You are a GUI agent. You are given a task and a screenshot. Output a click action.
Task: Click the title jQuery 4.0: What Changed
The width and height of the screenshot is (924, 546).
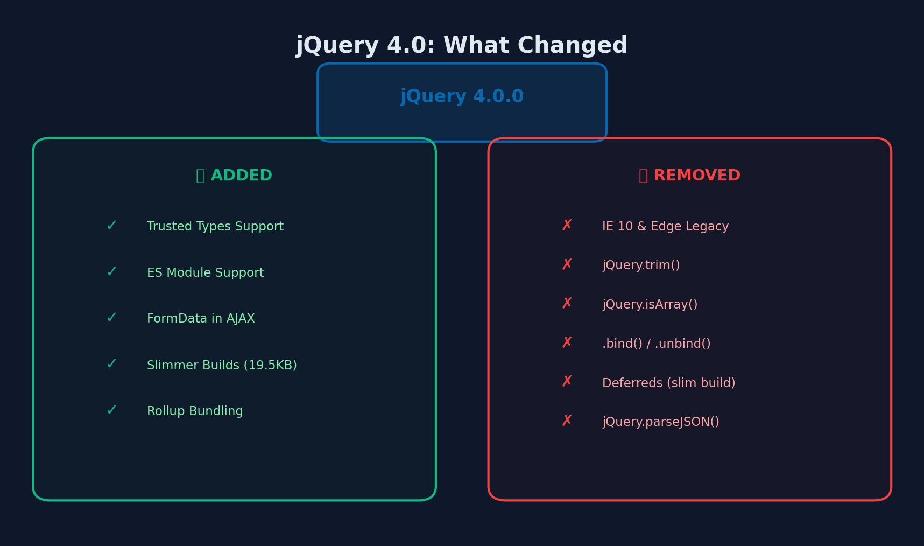point(462,46)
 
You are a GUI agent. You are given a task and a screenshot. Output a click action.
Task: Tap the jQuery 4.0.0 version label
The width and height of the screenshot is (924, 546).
point(462,97)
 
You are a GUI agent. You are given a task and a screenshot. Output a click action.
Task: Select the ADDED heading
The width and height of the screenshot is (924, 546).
point(235,176)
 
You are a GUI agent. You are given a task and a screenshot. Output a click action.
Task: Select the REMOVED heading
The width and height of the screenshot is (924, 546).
point(689,176)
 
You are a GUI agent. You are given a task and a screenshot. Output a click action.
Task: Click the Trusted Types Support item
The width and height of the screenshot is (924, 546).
point(215,227)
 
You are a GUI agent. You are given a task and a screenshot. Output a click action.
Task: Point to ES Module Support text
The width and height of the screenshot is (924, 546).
point(205,273)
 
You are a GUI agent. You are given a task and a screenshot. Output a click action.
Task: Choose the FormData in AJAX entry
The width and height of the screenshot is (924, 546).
point(201,319)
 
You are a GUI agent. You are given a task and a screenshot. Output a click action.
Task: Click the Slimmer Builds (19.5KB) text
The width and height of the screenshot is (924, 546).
point(222,366)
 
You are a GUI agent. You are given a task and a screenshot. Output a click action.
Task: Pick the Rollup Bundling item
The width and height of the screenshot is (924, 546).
point(195,411)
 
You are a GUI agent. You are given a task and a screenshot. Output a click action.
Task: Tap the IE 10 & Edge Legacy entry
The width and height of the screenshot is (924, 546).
point(665,227)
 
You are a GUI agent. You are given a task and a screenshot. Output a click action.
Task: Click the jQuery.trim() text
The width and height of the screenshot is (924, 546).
point(641,265)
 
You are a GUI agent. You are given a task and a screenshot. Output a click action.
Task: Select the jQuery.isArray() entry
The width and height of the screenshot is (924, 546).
point(650,305)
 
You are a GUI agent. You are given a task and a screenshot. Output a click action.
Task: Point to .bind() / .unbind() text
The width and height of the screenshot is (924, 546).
point(656,344)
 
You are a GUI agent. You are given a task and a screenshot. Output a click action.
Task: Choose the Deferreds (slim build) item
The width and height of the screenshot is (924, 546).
point(668,383)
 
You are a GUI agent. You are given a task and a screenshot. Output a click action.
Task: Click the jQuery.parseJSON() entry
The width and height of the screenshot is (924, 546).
point(660,422)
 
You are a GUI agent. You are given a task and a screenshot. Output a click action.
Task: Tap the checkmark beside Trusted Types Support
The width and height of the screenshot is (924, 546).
point(111,226)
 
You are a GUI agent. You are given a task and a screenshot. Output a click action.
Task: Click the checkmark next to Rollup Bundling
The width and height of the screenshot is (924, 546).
point(111,411)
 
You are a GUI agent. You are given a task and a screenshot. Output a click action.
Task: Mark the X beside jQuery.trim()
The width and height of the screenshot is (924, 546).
point(567,265)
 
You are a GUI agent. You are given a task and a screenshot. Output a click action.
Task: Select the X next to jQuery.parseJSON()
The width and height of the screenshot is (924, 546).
point(567,421)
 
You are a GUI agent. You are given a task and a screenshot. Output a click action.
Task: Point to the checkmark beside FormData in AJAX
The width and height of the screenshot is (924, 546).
point(111,318)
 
